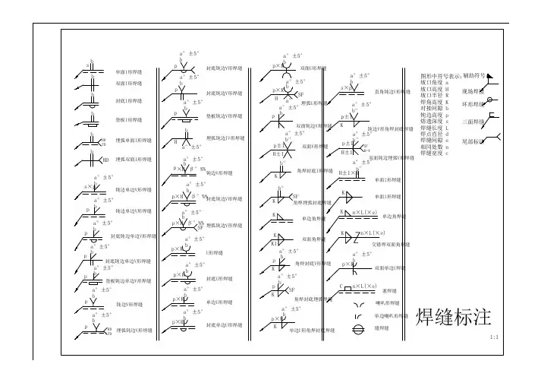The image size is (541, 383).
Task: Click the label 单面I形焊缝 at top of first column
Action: click(128, 71)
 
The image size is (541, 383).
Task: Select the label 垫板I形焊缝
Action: click(128, 120)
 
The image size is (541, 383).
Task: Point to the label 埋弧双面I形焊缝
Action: click(133, 160)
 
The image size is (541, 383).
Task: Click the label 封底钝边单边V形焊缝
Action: click(134, 236)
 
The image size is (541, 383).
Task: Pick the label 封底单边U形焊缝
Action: click(219, 324)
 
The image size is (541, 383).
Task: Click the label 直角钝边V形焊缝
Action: click(393, 90)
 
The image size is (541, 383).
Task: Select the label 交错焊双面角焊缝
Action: click(395, 245)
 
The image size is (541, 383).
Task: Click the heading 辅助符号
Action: click(474, 76)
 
